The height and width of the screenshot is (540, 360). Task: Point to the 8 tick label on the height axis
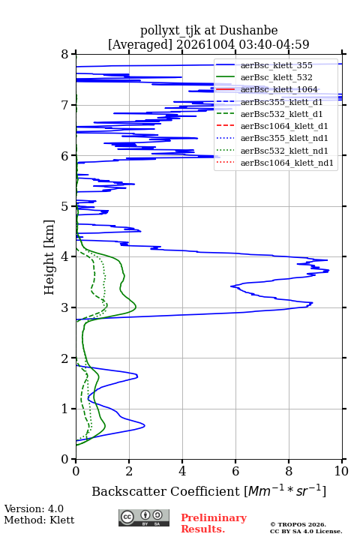pyautogui.click(x=65, y=54)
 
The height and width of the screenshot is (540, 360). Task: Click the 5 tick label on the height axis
pyautogui.click(x=65, y=206)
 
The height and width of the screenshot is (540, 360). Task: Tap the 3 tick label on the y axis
pyautogui.click(x=65, y=307)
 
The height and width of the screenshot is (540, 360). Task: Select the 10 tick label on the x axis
pyautogui.click(x=341, y=471)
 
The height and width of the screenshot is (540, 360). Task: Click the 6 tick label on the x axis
pyautogui.click(x=235, y=471)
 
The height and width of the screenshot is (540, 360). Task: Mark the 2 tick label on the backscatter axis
pyautogui.click(x=129, y=471)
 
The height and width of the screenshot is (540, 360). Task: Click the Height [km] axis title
pyautogui.click(x=49, y=257)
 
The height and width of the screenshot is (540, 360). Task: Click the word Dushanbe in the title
pyautogui.click(x=249, y=30)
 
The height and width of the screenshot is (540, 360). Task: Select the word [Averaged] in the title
pyautogui.click(x=140, y=44)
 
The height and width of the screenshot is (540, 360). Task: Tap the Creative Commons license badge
pyautogui.click(x=144, y=517)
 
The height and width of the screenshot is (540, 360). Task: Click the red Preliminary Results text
pyautogui.click(x=214, y=523)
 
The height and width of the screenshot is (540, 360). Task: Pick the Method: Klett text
pyautogui.click(x=39, y=520)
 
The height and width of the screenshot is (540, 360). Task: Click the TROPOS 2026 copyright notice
pyautogui.click(x=298, y=524)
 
